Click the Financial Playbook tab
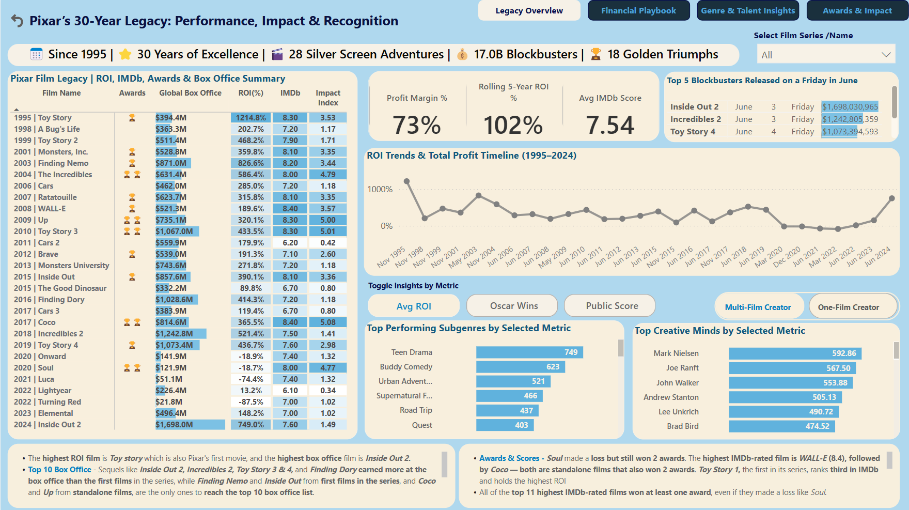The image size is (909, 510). [x=638, y=11]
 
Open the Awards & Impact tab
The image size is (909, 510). [x=857, y=11]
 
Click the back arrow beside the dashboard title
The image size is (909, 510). [x=17, y=21]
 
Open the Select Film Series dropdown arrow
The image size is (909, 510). [x=886, y=55]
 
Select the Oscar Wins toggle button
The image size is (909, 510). [x=513, y=306]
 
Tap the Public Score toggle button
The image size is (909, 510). [x=612, y=306]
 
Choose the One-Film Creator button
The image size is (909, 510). [x=848, y=307]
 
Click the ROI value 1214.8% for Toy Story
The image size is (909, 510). [x=251, y=118]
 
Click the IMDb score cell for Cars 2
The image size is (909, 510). [x=290, y=243]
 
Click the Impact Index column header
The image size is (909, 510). [x=328, y=98]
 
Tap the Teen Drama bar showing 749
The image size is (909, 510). [x=529, y=352]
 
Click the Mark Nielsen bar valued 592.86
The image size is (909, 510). [x=794, y=353]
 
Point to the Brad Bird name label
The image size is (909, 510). [x=682, y=426]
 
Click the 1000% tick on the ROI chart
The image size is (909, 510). [x=380, y=190]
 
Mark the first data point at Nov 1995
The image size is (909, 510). [x=407, y=181]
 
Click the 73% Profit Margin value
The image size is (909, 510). [x=417, y=125]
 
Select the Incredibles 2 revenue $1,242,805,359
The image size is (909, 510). [x=850, y=119]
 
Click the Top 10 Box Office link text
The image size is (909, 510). [x=59, y=470]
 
